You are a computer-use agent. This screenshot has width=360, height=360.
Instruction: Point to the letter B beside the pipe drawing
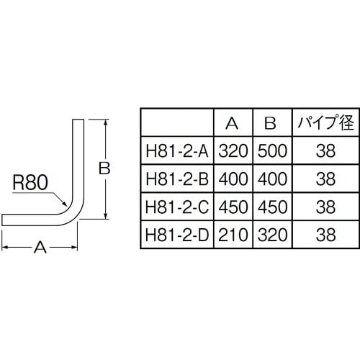(x=104, y=168)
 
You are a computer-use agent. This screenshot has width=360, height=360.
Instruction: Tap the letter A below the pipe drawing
(x=40, y=247)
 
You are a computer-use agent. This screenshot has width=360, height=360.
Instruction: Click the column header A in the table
(x=232, y=123)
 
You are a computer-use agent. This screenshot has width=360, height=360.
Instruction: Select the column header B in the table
(x=270, y=123)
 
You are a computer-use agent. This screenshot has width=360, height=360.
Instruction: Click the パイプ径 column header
(x=325, y=123)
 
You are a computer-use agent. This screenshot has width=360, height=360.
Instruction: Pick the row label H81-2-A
(x=177, y=151)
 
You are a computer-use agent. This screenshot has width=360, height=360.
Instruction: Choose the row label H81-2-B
(x=177, y=179)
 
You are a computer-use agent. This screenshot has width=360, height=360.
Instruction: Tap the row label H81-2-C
(x=177, y=207)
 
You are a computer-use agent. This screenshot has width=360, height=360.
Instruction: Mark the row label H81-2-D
(x=177, y=234)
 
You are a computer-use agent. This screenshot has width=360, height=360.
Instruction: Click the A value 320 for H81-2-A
(x=232, y=151)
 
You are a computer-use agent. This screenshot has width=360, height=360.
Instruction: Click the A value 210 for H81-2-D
(x=232, y=234)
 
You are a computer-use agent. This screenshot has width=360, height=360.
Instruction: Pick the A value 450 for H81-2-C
(x=232, y=207)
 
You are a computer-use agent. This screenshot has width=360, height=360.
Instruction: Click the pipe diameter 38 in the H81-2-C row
(x=325, y=207)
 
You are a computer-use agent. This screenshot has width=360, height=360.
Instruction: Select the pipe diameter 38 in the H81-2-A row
(x=325, y=151)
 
